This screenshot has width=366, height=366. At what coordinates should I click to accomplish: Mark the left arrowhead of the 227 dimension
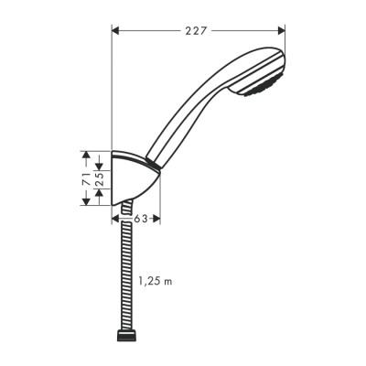point(116,30)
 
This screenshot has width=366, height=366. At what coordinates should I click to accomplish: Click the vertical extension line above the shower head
point(285,50)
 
